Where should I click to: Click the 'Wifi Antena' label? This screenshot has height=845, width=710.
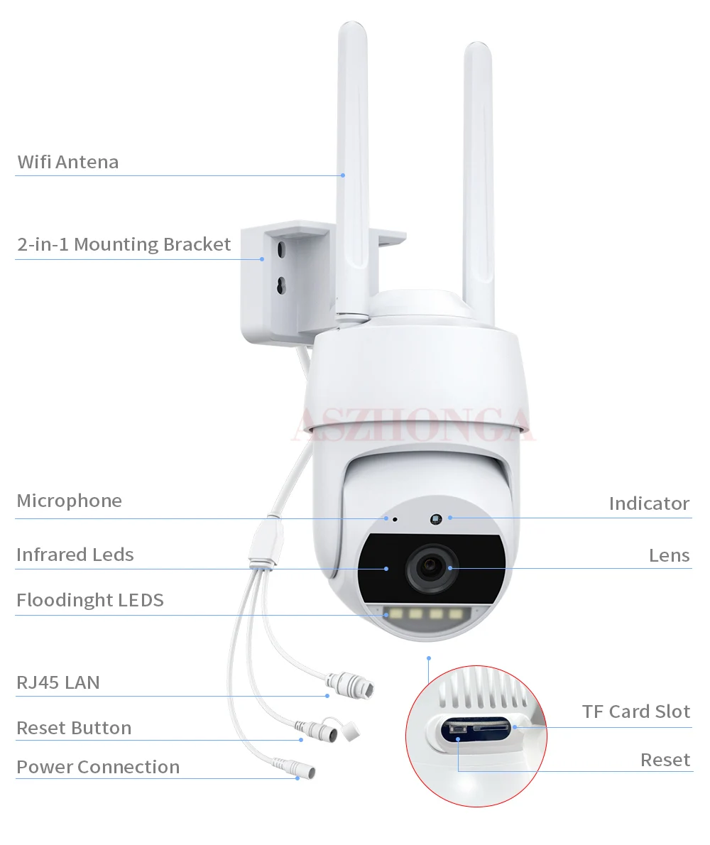click(x=68, y=162)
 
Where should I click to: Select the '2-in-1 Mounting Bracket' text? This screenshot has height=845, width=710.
click(x=124, y=244)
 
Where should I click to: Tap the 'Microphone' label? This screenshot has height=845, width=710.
click(x=70, y=501)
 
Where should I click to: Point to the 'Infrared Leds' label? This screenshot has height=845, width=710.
click(x=75, y=555)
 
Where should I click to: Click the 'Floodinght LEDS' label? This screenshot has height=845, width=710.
click(x=90, y=600)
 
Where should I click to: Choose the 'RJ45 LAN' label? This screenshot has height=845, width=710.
click(x=58, y=682)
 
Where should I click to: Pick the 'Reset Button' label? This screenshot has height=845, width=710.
click(x=74, y=728)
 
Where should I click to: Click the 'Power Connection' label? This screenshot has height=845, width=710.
click(x=98, y=767)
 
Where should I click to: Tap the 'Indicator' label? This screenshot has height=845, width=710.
click(x=649, y=503)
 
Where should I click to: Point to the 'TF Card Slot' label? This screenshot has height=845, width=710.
click(x=636, y=711)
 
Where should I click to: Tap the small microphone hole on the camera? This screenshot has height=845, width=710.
click(x=395, y=519)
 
